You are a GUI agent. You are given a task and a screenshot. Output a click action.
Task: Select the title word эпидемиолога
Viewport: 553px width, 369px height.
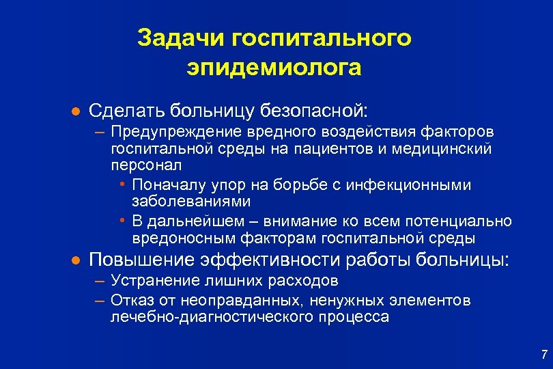[274, 68]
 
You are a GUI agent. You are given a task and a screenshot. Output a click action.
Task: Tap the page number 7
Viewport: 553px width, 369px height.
[543, 354]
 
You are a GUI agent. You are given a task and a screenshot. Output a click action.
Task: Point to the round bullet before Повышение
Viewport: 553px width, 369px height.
[76, 260]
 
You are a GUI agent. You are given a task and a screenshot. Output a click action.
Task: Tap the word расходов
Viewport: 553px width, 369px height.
[299, 281]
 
